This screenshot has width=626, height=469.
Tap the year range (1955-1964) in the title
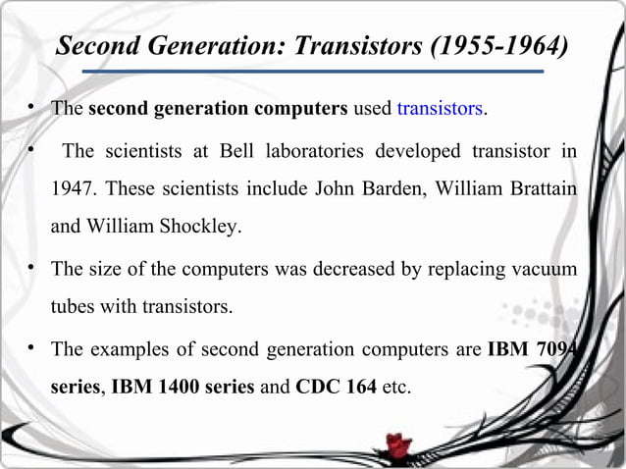tap(499, 46)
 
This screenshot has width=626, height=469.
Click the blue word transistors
tap(440, 108)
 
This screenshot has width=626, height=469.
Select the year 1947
tap(74, 188)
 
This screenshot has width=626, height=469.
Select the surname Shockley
tap(203, 226)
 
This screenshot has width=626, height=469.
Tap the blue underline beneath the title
tap(312, 71)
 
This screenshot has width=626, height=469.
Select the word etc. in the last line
tap(396, 387)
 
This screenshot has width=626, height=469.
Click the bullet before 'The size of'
tap(32, 268)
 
